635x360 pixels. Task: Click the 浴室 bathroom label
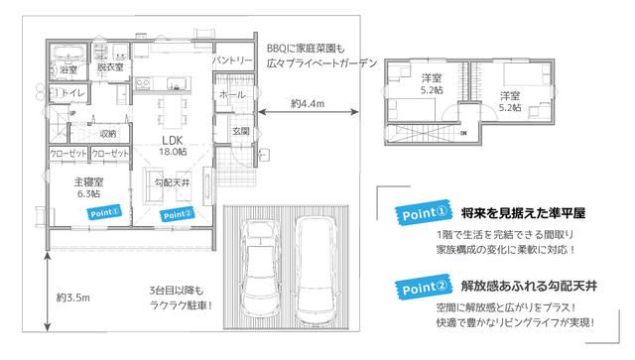(x=68, y=71)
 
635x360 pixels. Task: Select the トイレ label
(x=72, y=93)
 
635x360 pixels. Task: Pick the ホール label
(x=231, y=94)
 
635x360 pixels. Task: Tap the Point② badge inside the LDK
(x=177, y=212)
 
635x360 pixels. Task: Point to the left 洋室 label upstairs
(x=431, y=82)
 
